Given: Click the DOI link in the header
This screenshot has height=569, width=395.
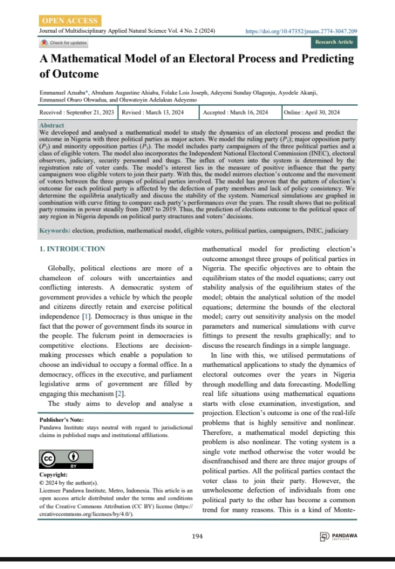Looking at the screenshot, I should point(301,30).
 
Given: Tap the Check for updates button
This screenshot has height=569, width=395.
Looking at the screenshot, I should point(64,43).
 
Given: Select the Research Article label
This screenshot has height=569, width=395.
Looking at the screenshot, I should point(334,42).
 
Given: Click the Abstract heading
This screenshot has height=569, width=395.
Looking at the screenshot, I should point(51,126).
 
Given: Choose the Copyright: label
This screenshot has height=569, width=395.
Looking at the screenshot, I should point(53,474).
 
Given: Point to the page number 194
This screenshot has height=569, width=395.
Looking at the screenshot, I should point(197,536).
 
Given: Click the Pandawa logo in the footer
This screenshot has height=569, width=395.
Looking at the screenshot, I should point(339,536).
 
